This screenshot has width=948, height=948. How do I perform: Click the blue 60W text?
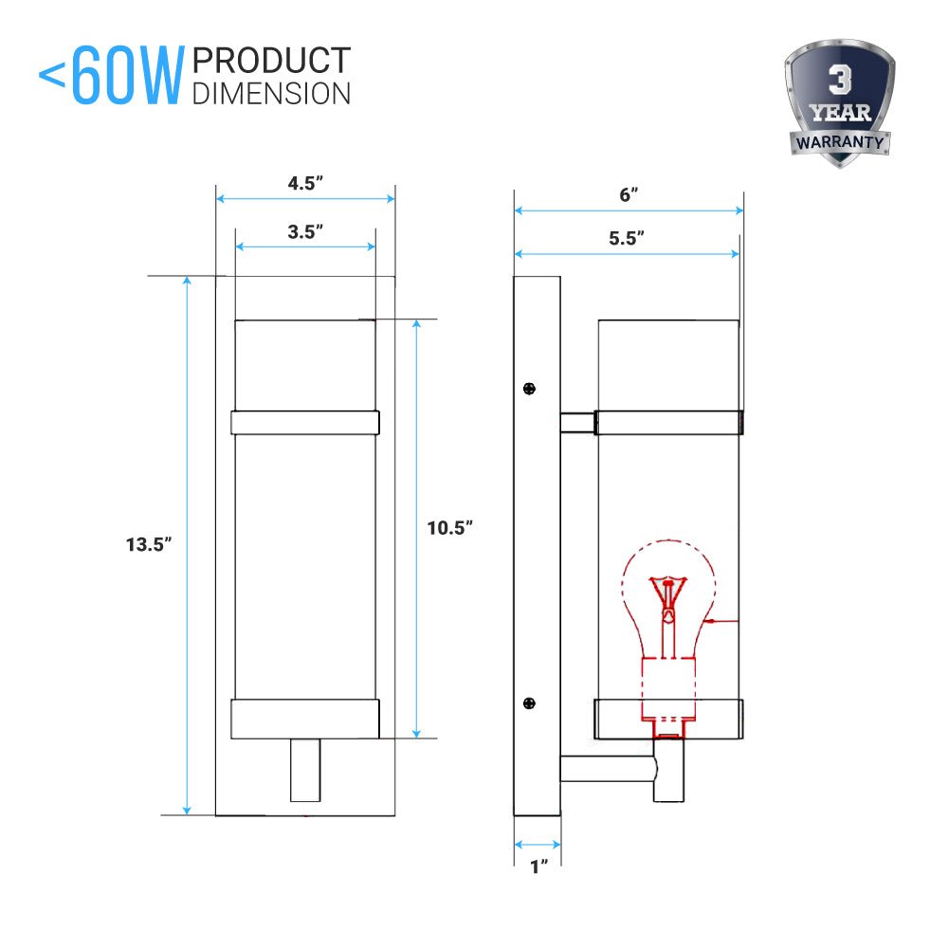click(125, 78)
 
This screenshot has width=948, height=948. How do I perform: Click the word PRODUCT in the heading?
click(270, 61)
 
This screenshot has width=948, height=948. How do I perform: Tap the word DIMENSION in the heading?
click(270, 93)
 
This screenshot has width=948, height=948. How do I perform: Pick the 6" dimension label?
click(628, 195)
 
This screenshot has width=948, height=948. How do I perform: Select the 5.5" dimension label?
click(627, 239)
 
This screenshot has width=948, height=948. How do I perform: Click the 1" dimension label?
click(538, 866)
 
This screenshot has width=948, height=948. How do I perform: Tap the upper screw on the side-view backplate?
click(530, 388)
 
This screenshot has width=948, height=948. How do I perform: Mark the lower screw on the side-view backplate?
click(530, 702)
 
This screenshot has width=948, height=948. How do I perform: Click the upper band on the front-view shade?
click(305, 423)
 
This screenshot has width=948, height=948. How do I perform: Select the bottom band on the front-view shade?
click(305, 719)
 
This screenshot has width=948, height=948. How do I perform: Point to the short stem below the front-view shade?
click(305, 770)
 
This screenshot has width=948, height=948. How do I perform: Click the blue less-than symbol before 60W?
click(52, 76)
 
